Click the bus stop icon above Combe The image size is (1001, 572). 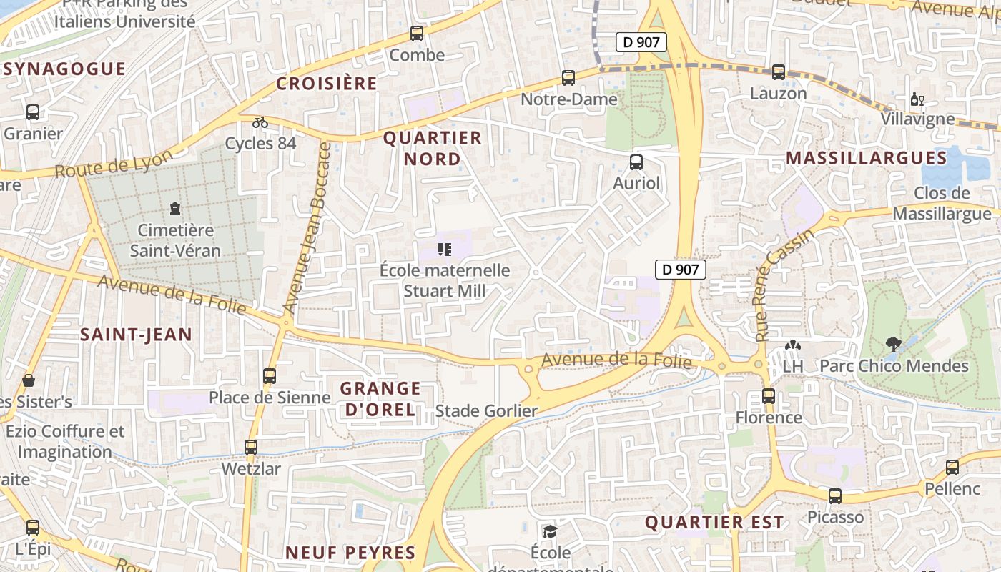click(x=417, y=33)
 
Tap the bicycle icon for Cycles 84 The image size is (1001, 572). click(x=260, y=122)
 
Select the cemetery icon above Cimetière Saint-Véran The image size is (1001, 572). click(x=175, y=209)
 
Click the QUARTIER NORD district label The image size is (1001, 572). click(x=433, y=148)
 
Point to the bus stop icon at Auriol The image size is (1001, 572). click(x=636, y=162)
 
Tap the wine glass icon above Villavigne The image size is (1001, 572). click(x=917, y=99)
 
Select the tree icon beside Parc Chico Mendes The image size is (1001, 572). click(x=893, y=345)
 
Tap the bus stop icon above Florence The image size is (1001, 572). click(x=769, y=395)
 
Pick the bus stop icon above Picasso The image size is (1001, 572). click(x=835, y=495)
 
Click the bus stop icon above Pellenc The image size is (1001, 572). click(x=952, y=468)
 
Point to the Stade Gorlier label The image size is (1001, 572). click(x=486, y=411)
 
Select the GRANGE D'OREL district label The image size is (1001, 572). click(x=380, y=399)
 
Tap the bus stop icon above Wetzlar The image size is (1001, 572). click(x=251, y=448)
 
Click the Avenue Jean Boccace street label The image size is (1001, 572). click(x=307, y=228)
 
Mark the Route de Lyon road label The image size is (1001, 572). click(x=114, y=164)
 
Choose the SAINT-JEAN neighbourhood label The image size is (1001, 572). click(x=136, y=334)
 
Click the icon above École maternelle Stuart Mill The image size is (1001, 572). click(x=445, y=250)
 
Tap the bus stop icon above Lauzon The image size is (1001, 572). click(x=779, y=72)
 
